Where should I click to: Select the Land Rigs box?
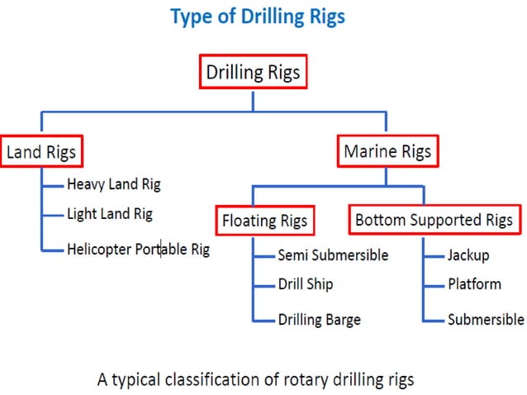[42, 152]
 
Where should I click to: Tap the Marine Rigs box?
[387, 152]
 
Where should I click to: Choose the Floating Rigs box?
[264, 221]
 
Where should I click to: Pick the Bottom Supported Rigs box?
[434, 221]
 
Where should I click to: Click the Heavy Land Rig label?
[114, 184]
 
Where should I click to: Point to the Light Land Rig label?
[110, 214]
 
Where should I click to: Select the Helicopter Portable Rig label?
[138, 249]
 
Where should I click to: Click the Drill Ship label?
[306, 284]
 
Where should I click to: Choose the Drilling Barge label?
[319, 319]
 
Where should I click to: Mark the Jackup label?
[468, 255]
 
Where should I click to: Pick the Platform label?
[474, 284]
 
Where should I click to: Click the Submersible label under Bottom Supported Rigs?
[486, 319]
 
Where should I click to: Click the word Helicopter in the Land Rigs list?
[98, 249]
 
